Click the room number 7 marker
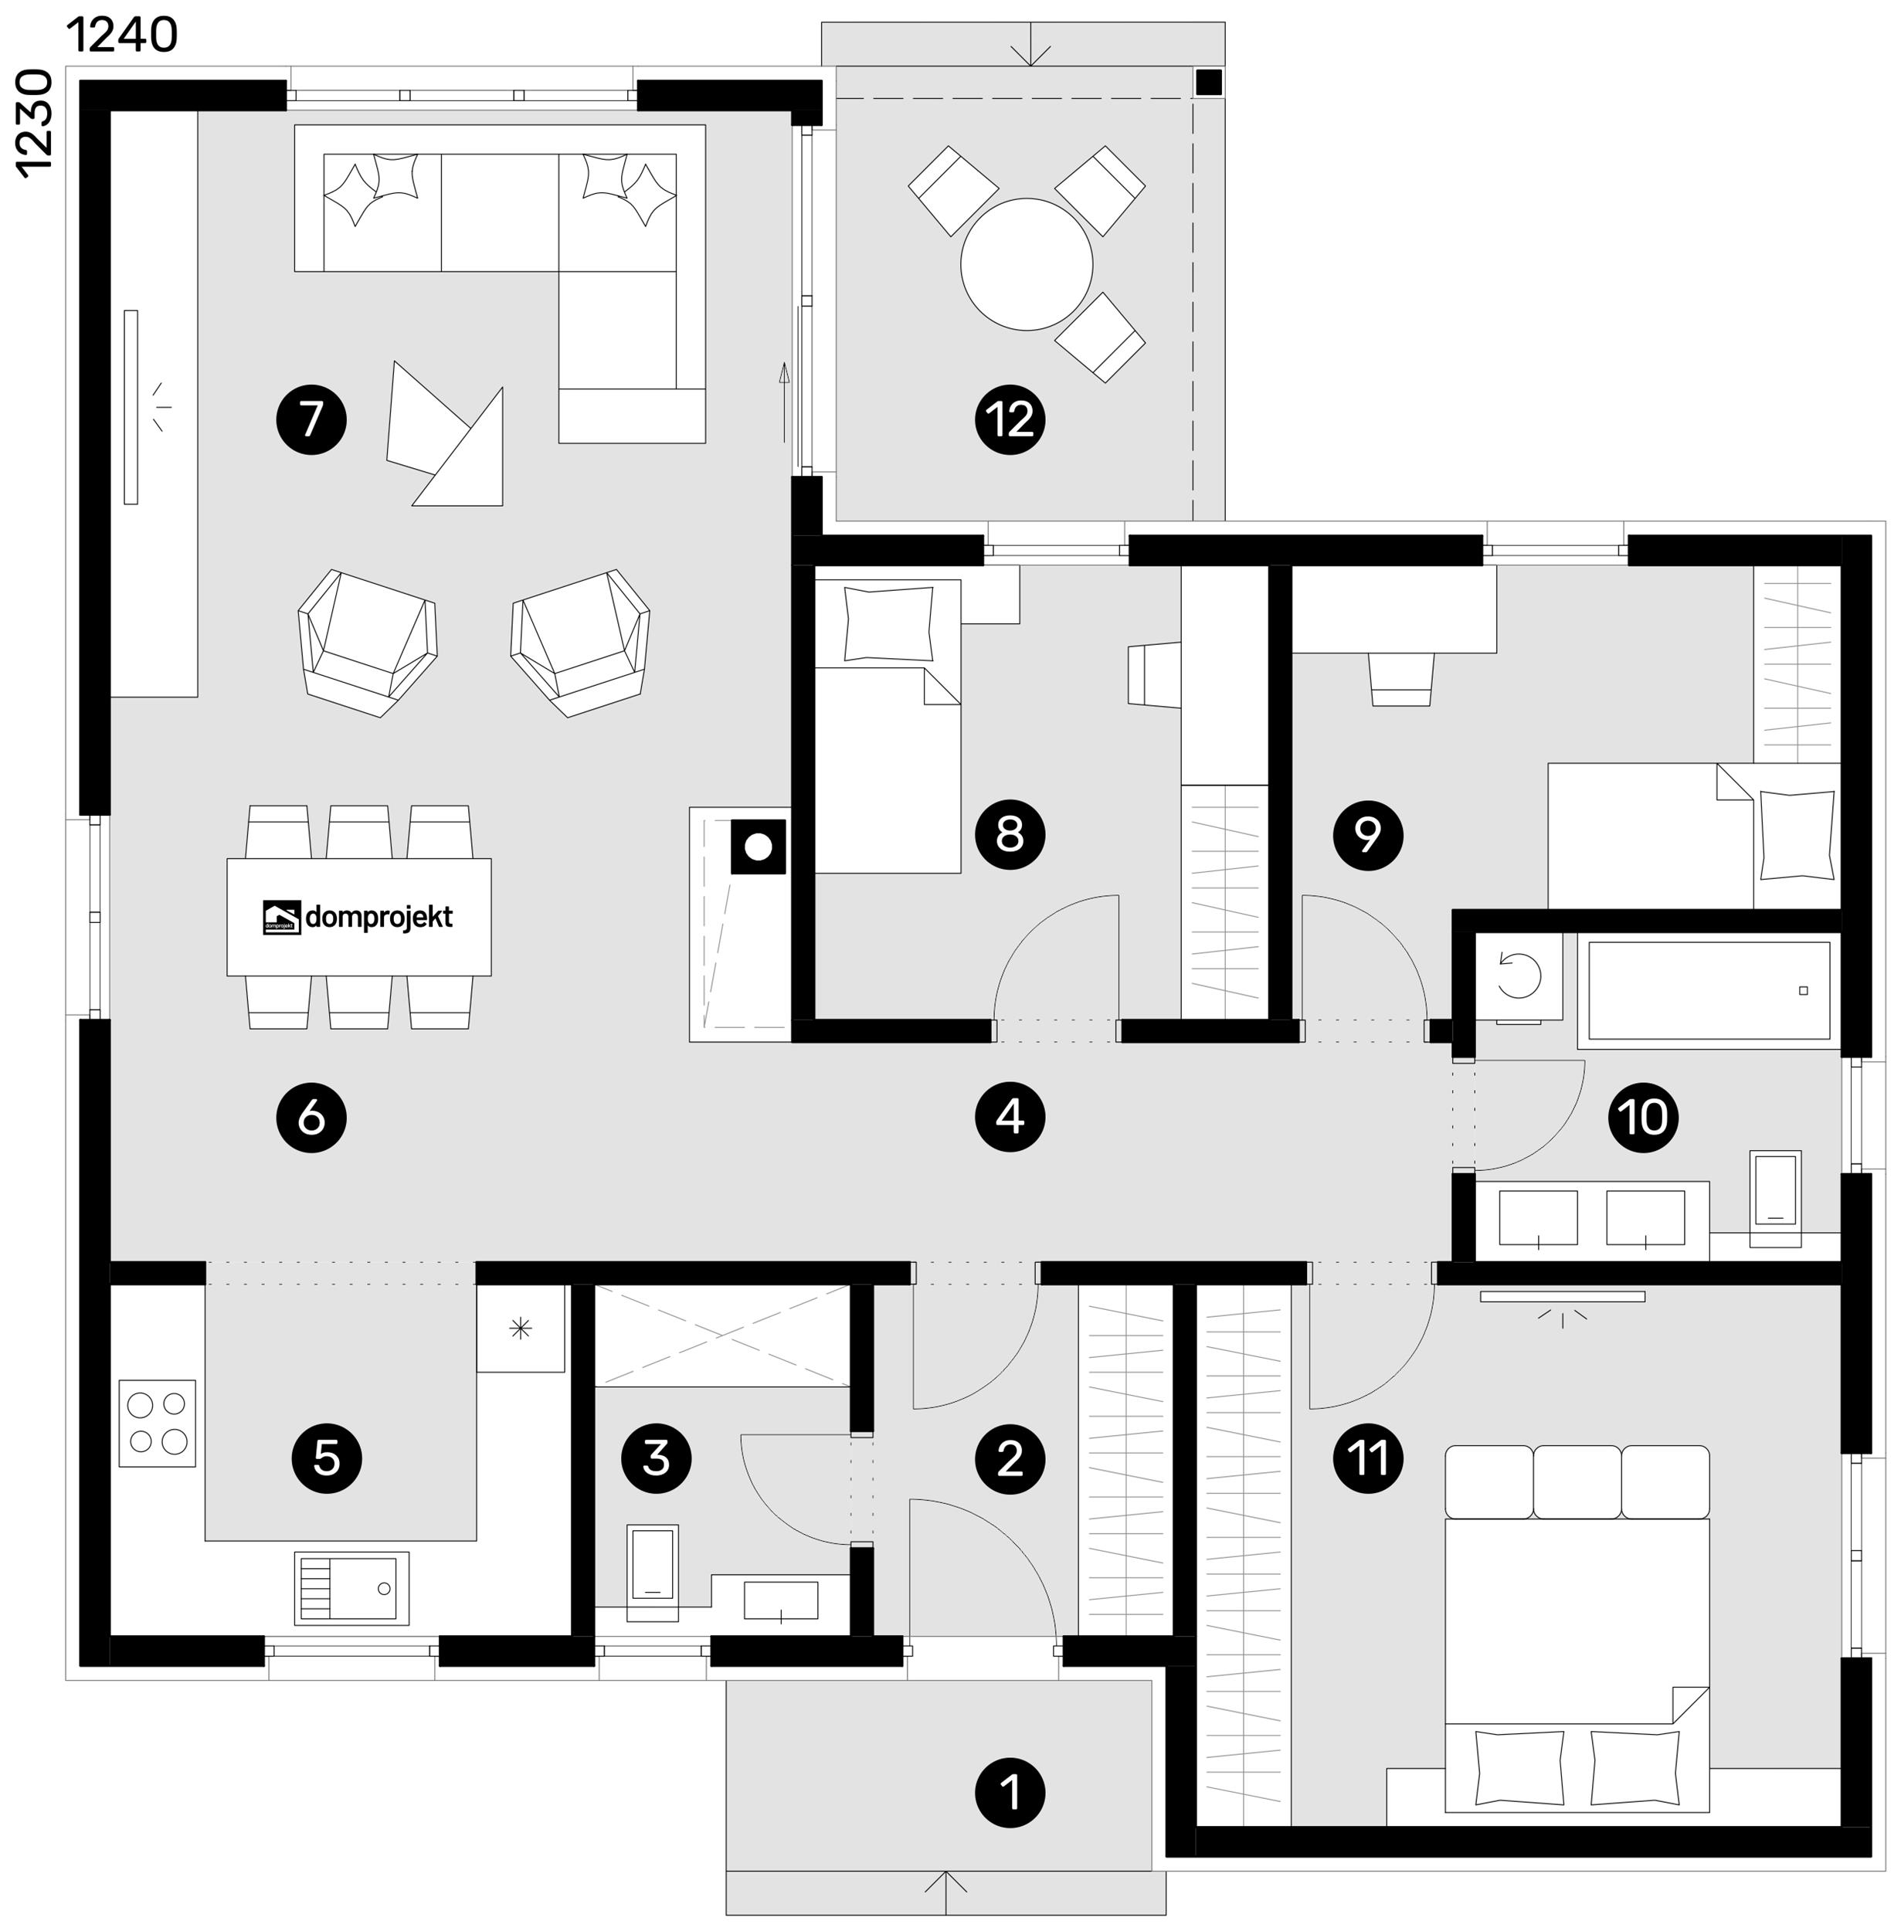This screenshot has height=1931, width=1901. [311, 419]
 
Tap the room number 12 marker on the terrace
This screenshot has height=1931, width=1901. [1010, 419]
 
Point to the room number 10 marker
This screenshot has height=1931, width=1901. [1642, 1116]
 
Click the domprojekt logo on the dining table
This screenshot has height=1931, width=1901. [358, 917]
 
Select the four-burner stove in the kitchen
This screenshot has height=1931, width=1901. [157, 1423]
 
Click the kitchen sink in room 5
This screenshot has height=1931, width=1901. [351, 1587]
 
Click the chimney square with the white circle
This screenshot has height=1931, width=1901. [758, 847]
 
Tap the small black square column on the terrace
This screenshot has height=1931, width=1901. [1208, 82]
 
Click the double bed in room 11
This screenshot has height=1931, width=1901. [1577, 1627]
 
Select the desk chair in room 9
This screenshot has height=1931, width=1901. [1400, 679]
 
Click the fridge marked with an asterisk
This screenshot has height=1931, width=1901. [520, 1328]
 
